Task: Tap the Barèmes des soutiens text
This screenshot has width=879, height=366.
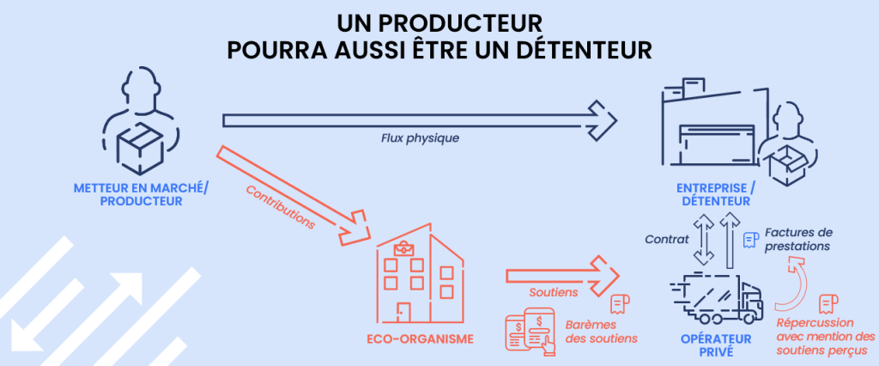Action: [x=602, y=332]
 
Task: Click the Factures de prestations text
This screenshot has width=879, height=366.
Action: [x=799, y=239]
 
